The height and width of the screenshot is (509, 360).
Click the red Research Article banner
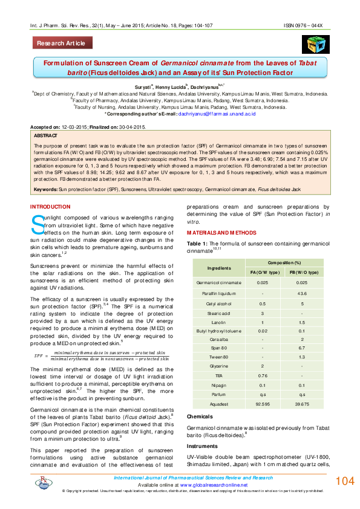63,44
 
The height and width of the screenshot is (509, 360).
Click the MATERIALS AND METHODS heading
221,233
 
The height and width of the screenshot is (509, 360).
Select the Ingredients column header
218,267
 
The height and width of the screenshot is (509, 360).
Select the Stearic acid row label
218,314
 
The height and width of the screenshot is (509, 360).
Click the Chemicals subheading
199,417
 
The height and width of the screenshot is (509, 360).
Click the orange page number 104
344,481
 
